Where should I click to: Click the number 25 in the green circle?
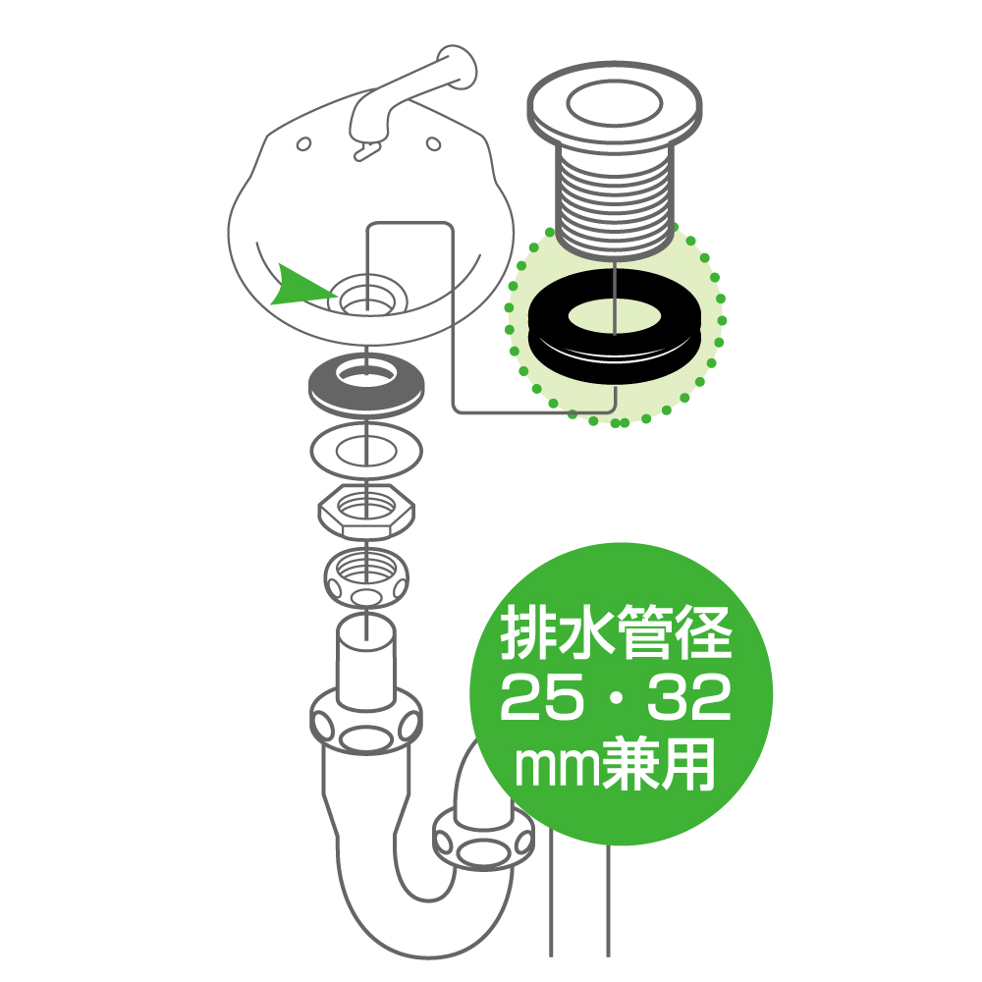(538, 696)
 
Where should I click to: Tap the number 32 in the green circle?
(689, 696)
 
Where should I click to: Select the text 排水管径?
(617, 631)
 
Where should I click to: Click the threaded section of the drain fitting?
(615, 200)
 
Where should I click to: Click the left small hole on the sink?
(303, 144)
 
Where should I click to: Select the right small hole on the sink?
(433, 144)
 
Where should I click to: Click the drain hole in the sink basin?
(367, 296)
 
